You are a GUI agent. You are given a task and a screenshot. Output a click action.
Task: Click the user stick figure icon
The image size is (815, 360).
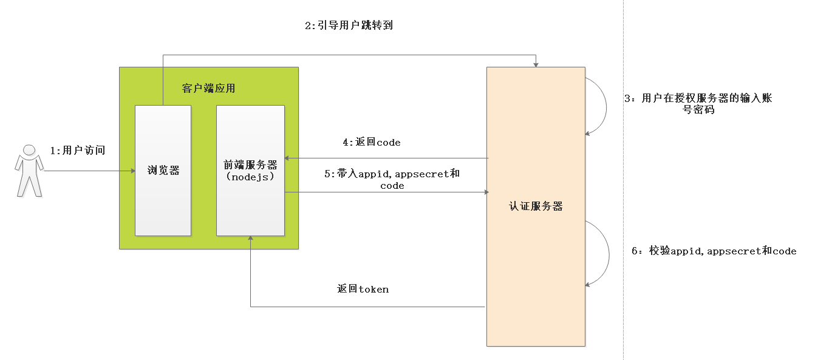coord(29,171)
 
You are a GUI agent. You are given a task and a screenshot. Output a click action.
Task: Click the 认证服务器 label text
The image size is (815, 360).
coord(536,206)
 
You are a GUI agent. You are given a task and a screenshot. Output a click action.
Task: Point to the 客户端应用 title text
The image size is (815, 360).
coord(208,89)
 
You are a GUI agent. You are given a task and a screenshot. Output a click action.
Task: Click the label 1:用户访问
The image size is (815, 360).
coord(77,151)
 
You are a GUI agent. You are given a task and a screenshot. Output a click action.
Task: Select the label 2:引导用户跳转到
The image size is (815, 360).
coord(349,26)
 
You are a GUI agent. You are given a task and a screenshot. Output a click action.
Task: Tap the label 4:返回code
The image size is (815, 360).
coord(371,143)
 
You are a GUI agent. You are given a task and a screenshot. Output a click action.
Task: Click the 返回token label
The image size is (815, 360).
coord(363,289)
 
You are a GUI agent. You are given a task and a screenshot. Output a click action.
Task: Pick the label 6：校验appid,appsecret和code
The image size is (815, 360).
coord(714,251)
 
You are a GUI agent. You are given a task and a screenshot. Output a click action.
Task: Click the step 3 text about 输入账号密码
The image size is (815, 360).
coord(698,104)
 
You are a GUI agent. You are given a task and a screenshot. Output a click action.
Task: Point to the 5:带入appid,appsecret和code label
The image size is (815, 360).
coord(392,179)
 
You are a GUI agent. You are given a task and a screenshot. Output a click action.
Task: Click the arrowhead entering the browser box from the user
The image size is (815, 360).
coord(132,171)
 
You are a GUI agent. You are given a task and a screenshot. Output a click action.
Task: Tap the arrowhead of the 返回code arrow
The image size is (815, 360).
coord(288,158)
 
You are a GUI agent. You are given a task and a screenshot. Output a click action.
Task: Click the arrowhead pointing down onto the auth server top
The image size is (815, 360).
coord(536,64)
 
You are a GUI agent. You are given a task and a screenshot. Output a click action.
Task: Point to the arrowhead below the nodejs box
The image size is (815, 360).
coord(251,239)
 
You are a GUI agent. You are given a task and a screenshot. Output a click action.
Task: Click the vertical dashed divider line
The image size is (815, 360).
coord(623,182)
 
